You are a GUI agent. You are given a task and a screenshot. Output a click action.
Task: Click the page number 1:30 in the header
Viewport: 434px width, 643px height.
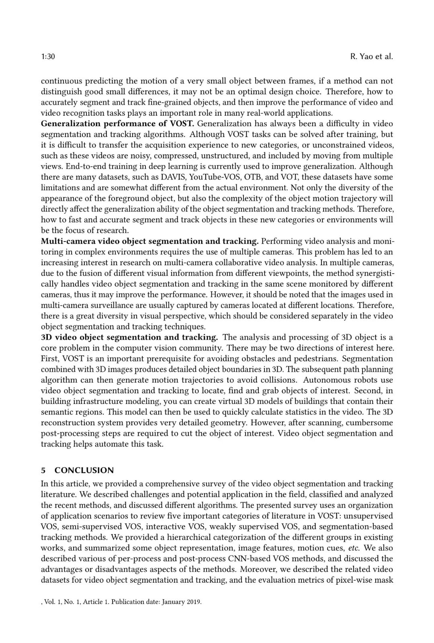click(x=48, y=57)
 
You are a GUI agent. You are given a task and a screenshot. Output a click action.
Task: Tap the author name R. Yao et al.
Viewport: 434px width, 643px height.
click(x=371, y=57)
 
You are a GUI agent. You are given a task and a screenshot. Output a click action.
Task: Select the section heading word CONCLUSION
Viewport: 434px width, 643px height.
click(x=84, y=470)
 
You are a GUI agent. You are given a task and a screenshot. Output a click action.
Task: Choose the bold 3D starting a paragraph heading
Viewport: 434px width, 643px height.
click(x=47, y=337)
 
